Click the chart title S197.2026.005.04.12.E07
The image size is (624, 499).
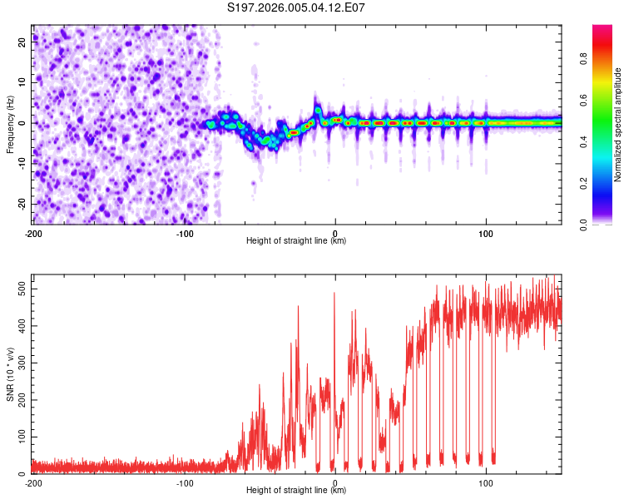coord(296,8)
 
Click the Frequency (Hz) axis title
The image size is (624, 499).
coord(10,125)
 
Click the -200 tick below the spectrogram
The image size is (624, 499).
coord(32,233)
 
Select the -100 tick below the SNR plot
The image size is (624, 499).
coord(184,482)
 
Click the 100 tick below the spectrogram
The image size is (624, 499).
coord(486,233)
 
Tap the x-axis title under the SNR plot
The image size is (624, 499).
coord(296,491)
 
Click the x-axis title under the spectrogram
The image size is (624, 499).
coord(296,241)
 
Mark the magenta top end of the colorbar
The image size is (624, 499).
coord(602,29)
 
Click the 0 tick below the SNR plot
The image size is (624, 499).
coord(334,482)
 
